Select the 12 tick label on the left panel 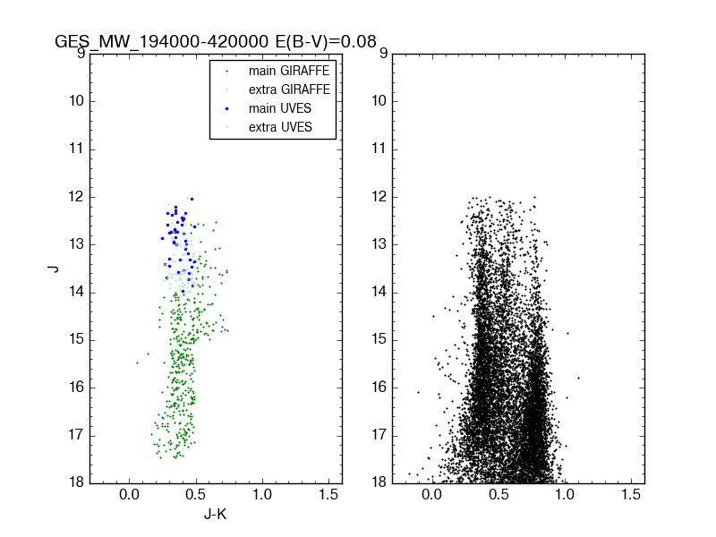(74, 196)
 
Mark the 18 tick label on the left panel (74, 482)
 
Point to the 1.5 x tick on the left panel (328, 495)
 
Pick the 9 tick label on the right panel (382, 54)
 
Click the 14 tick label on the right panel (379, 292)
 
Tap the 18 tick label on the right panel (379, 482)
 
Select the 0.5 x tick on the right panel (498, 495)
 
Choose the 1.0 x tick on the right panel (565, 495)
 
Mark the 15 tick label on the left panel (74, 339)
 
